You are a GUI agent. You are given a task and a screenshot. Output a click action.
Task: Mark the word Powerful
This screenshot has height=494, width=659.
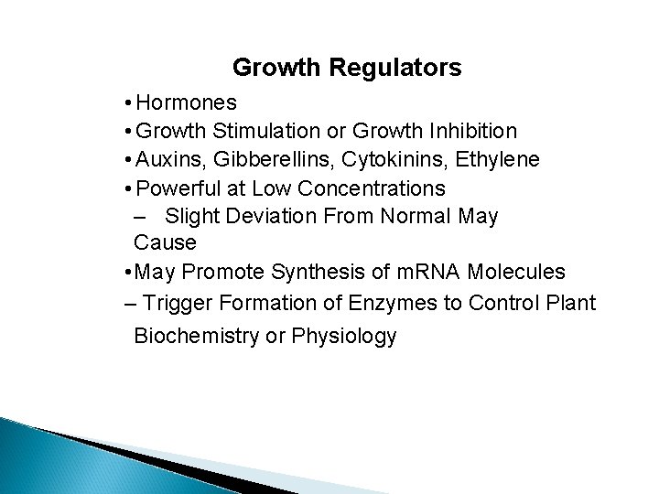[178, 188]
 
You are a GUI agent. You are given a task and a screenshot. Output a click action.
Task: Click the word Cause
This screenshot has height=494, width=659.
[165, 244]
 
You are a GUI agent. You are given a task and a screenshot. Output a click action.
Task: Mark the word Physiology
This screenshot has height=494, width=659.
[343, 336]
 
